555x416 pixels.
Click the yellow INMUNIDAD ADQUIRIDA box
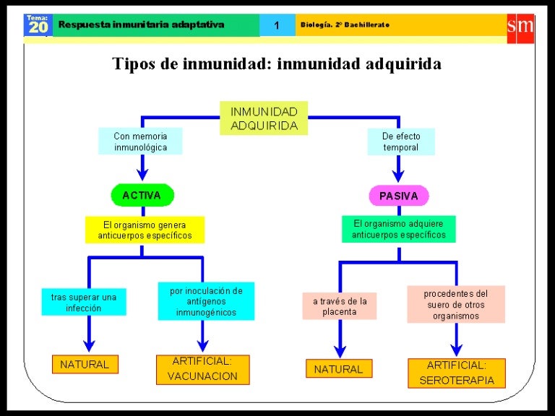coord(264,118)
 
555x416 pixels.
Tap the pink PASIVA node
coord(398,195)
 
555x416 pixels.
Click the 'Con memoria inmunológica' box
coord(140,141)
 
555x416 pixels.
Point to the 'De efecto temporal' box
coord(400,141)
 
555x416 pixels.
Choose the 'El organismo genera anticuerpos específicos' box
coord(145,230)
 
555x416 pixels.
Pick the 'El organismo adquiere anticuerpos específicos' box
coord(398,229)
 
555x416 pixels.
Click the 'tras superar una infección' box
coord(84,302)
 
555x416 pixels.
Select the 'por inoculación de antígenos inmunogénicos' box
coord(206,301)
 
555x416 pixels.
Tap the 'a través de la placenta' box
coord(339,306)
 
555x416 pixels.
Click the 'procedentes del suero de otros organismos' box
coord(455,304)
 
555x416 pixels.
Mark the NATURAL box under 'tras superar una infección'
coord(85,365)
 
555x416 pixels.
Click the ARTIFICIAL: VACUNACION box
coord(202,369)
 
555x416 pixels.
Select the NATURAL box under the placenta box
coord(338,369)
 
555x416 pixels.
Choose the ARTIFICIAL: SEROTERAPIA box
coord(456,373)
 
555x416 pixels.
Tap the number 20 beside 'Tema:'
coord(37,28)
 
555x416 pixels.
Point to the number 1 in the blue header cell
coord(276,26)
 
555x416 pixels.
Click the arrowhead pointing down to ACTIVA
coord(142,173)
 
